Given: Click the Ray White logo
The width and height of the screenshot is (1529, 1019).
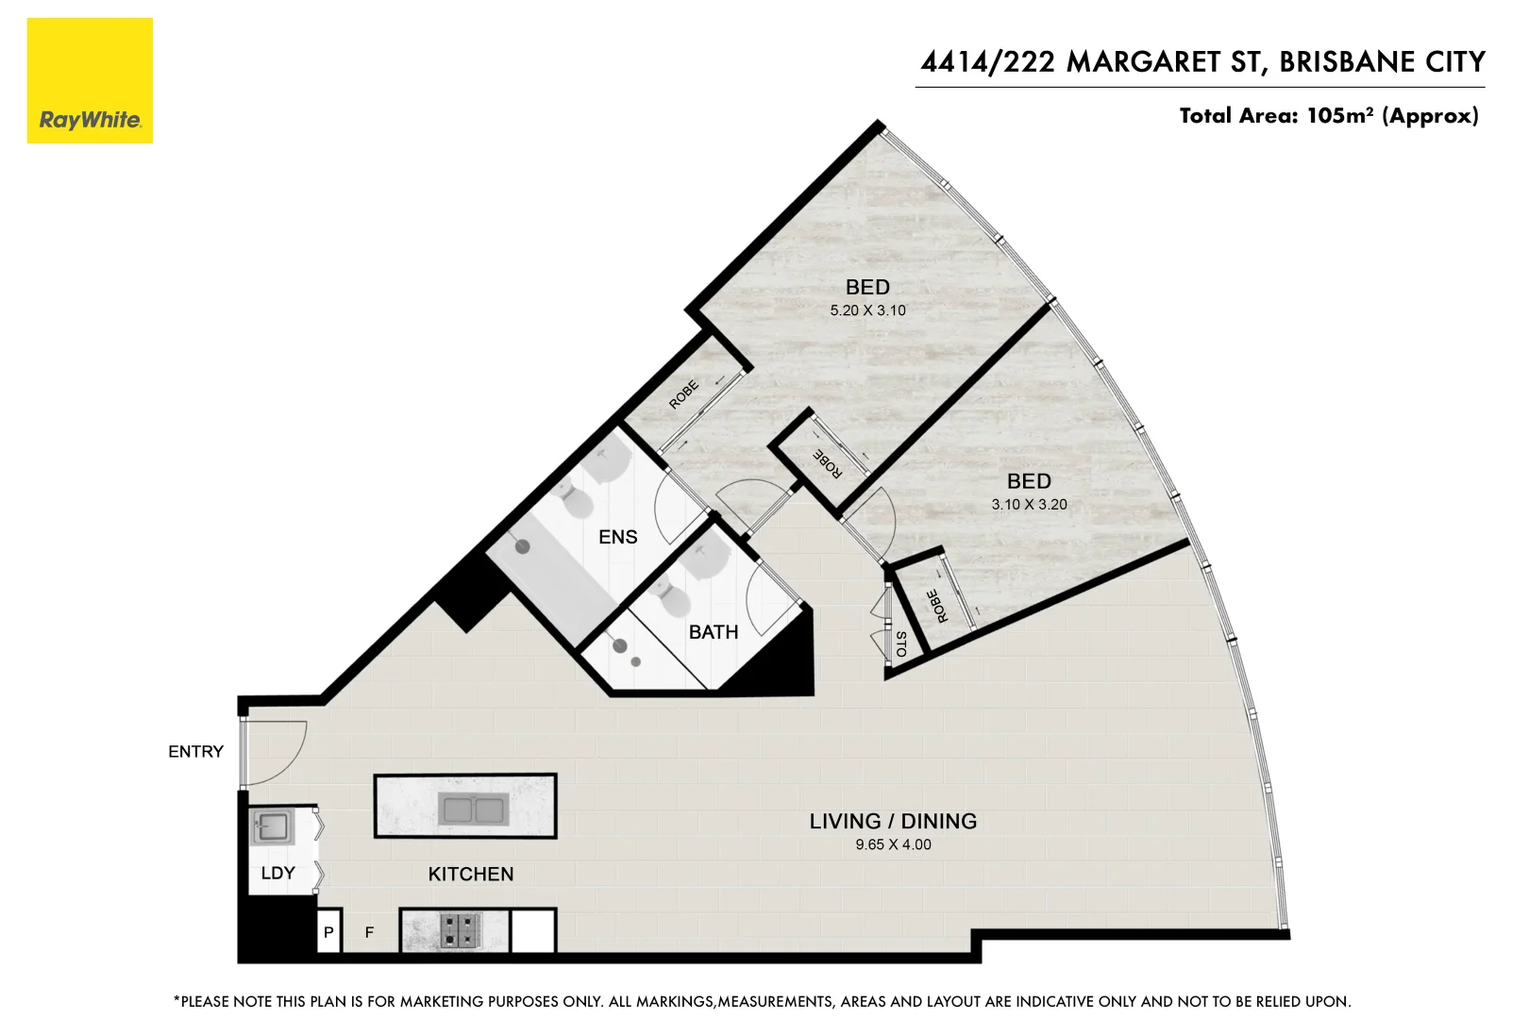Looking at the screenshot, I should (90, 81).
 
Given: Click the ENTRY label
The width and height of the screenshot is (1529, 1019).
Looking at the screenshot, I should (195, 751).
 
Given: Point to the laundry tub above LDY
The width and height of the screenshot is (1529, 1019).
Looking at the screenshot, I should (273, 828).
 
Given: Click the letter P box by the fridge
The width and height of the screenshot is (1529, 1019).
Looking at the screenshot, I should (328, 932).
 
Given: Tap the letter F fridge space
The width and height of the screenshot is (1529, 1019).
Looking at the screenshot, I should (369, 932).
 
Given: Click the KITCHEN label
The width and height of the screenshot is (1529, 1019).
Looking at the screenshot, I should (470, 874).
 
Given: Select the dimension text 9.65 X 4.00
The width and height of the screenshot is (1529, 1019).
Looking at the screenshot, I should (893, 844).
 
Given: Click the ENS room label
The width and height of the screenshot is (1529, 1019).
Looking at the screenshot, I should (617, 537).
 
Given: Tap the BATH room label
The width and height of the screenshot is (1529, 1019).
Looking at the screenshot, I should (713, 632).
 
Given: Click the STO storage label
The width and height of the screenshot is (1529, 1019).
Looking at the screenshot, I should (900, 644).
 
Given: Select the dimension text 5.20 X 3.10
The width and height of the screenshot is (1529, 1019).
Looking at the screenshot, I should (867, 310).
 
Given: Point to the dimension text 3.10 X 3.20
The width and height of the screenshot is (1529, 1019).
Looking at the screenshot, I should (1029, 505).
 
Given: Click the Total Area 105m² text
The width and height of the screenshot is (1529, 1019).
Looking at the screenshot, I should (1328, 116).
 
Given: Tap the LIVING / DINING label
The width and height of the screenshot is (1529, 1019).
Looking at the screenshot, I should (893, 821).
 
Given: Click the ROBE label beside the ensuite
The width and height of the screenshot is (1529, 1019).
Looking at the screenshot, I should (683, 394).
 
